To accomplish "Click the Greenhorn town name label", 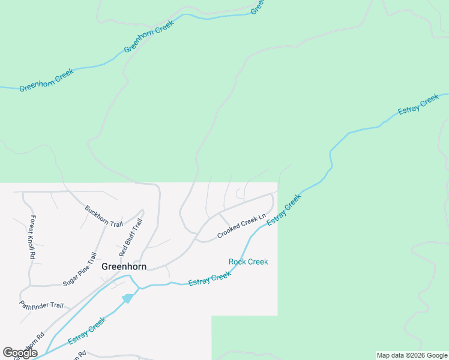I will (124, 266).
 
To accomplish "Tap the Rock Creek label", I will (248, 262).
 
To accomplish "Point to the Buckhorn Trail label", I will (103, 216).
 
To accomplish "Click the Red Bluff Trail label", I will (130, 238).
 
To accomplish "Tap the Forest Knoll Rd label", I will (32, 237).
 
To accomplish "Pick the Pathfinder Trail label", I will (41, 305).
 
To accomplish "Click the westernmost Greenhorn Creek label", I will (46, 80).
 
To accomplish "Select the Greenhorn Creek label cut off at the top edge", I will (258, 7).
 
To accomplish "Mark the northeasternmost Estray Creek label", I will (418, 104).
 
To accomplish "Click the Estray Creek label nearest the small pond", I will (87, 331).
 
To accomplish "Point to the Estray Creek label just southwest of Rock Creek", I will (209, 279).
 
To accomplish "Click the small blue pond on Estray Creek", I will (127, 298).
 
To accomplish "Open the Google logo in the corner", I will (20, 353).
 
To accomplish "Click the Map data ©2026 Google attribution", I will (412, 355).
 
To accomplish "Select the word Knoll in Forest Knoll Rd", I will (32, 237).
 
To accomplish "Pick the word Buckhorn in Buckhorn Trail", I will (96, 212).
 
